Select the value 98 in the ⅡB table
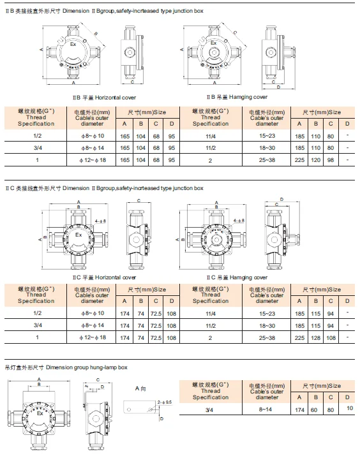point(331,159)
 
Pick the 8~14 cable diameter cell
point(263,415)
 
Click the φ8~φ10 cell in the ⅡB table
point(88,135)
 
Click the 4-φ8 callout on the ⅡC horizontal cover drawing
point(101,221)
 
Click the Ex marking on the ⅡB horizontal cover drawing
point(72,45)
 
